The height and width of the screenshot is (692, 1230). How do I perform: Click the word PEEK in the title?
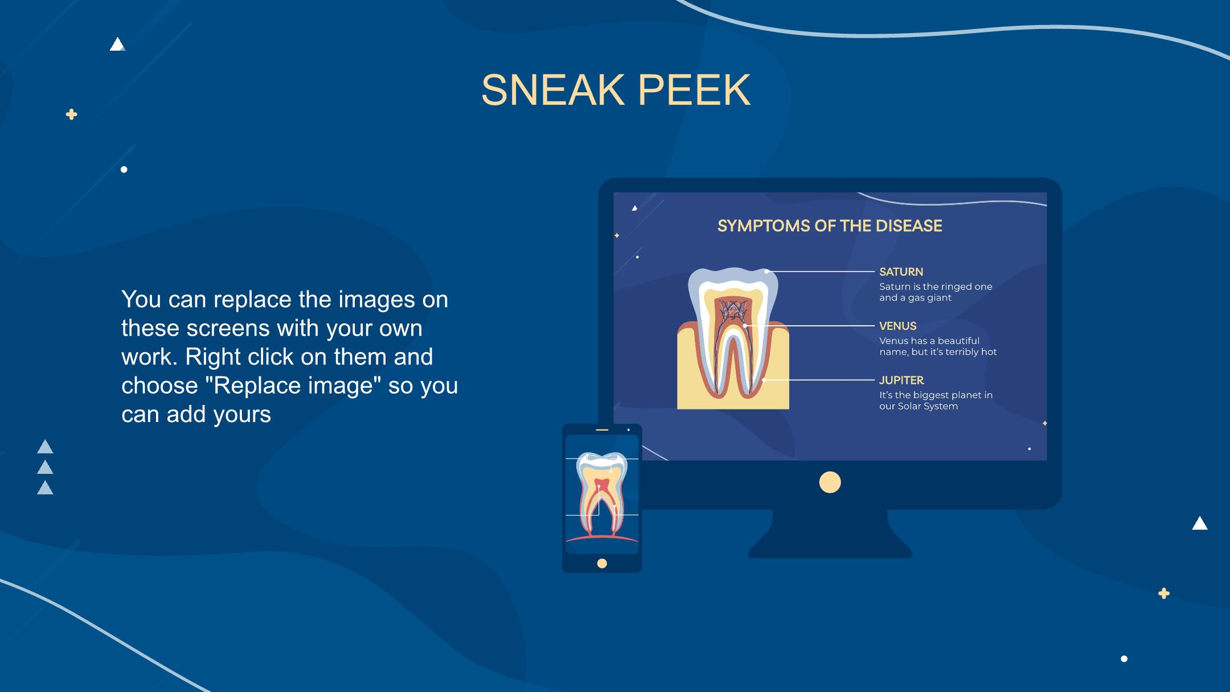pyautogui.click(x=694, y=90)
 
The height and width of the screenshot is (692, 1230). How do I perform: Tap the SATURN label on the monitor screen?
pyautogui.click(x=901, y=272)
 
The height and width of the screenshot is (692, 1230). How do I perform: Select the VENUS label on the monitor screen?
pyautogui.click(x=897, y=326)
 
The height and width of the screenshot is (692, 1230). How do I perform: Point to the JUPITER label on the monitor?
pyautogui.click(x=901, y=380)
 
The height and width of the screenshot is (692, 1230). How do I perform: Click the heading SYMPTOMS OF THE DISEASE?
pyautogui.click(x=830, y=226)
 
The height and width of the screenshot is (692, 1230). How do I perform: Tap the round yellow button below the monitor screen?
pyautogui.click(x=830, y=482)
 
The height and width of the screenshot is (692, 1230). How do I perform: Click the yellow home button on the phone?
pyautogui.click(x=602, y=563)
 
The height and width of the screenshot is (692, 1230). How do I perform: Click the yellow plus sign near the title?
pyautogui.click(x=71, y=114)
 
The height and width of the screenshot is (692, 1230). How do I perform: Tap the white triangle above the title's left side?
pyautogui.click(x=117, y=44)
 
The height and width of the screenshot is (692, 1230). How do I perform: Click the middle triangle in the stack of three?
pyautogui.click(x=45, y=467)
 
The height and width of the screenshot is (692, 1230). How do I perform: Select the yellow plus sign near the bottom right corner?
pyautogui.click(x=1164, y=593)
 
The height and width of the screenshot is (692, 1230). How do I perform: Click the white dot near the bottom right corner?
pyautogui.click(x=1124, y=659)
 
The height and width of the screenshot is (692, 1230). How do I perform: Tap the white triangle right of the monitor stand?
pyautogui.click(x=1200, y=523)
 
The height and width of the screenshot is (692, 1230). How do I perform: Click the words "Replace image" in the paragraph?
pyautogui.click(x=293, y=385)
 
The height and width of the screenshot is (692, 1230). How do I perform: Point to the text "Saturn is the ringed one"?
pyautogui.click(x=936, y=286)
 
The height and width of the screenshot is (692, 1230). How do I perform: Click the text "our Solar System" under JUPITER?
pyautogui.click(x=919, y=406)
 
